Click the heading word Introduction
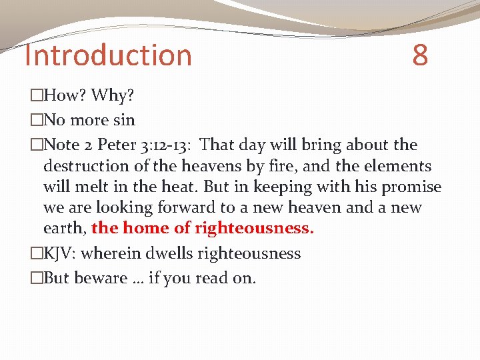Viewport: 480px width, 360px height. click(x=108, y=55)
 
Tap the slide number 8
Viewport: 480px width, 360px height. click(x=420, y=55)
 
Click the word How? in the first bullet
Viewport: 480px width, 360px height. click(x=65, y=96)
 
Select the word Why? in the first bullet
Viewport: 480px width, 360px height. click(x=113, y=96)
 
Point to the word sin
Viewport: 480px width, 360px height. click(x=124, y=121)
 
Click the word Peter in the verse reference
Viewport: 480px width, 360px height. click(x=119, y=145)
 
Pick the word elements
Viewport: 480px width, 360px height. click(x=395, y=166)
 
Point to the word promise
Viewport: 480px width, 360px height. click(x=412, y=187)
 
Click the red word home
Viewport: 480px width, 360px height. click(x=145, y=228)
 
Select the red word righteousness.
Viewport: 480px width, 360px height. click(x=254, y=228)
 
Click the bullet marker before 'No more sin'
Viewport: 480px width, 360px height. click(x=36, y=121)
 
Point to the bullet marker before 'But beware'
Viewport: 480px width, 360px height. click(x=36, y=278)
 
